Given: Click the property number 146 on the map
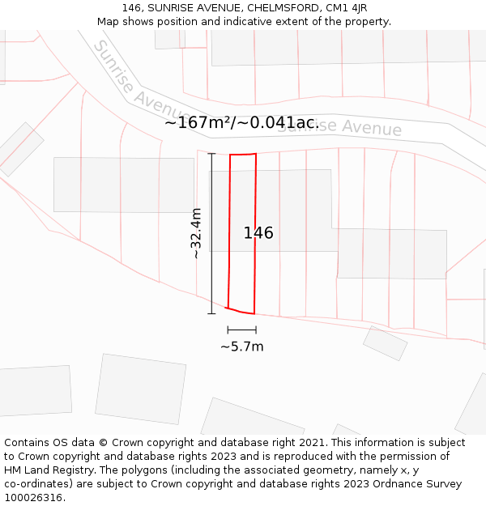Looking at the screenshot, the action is tap(258, 233).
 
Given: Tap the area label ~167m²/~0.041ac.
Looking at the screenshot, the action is tap(241, 123).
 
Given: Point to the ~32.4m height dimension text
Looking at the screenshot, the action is tap(196, 233).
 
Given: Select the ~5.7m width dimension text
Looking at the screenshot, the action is tap(241, 347).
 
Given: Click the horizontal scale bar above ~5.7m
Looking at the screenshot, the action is tap(241, 330).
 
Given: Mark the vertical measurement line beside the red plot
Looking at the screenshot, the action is tap(211, 233).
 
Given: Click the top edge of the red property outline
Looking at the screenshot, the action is tap(243, 154).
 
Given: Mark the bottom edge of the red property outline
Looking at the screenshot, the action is tap(241, 311).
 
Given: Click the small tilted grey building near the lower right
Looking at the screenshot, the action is tap(385, 343).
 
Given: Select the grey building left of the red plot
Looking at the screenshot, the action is tap(124, 185).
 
